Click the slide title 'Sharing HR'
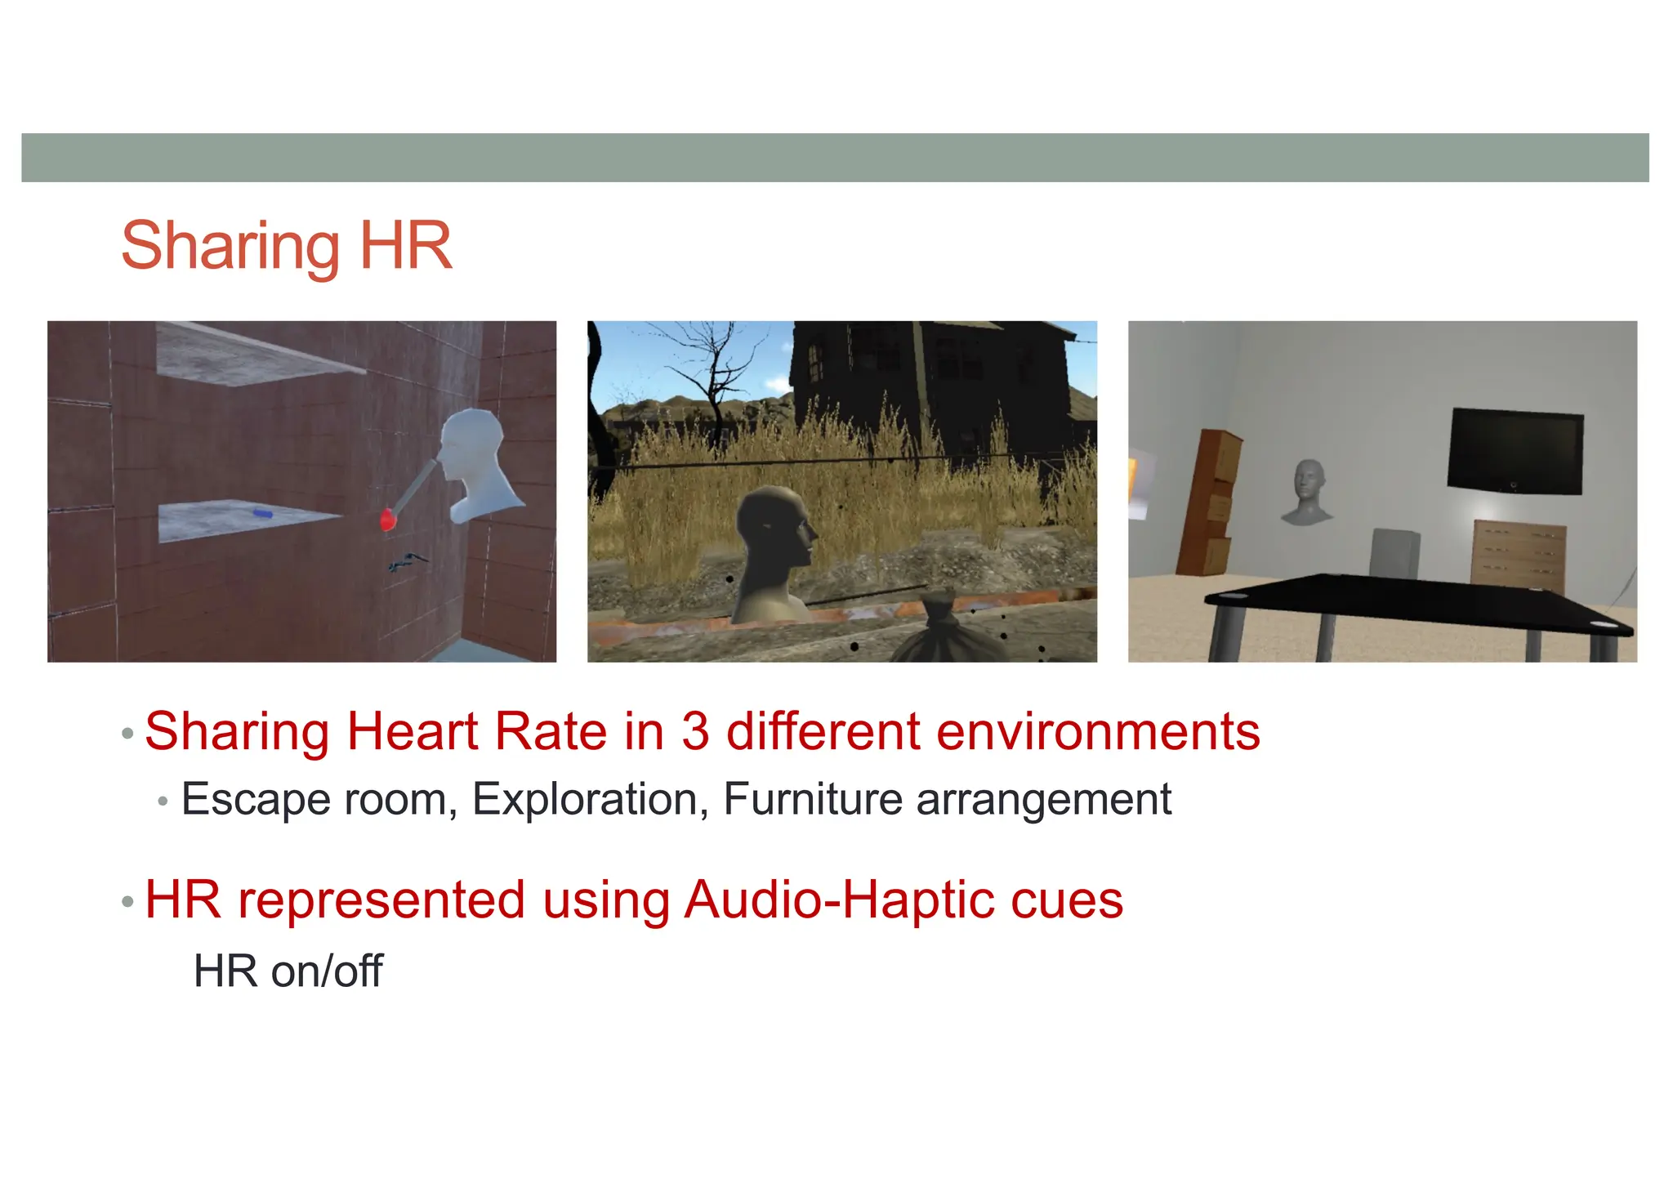coord(286,245)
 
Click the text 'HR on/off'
coord(288,971)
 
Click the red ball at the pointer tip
coord(389,520)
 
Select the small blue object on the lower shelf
coord(261,514)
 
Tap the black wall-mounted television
coord(1515,452)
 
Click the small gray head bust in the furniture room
coord(1309,492)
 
